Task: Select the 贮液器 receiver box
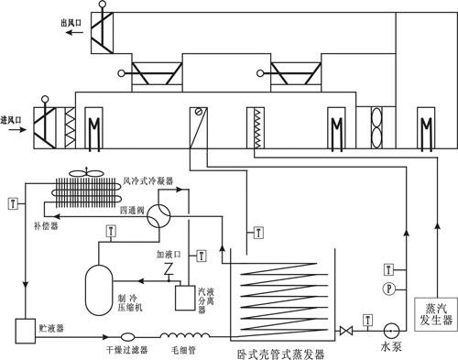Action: (x=24, y=327)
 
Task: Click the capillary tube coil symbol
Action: (x=179, y=335)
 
